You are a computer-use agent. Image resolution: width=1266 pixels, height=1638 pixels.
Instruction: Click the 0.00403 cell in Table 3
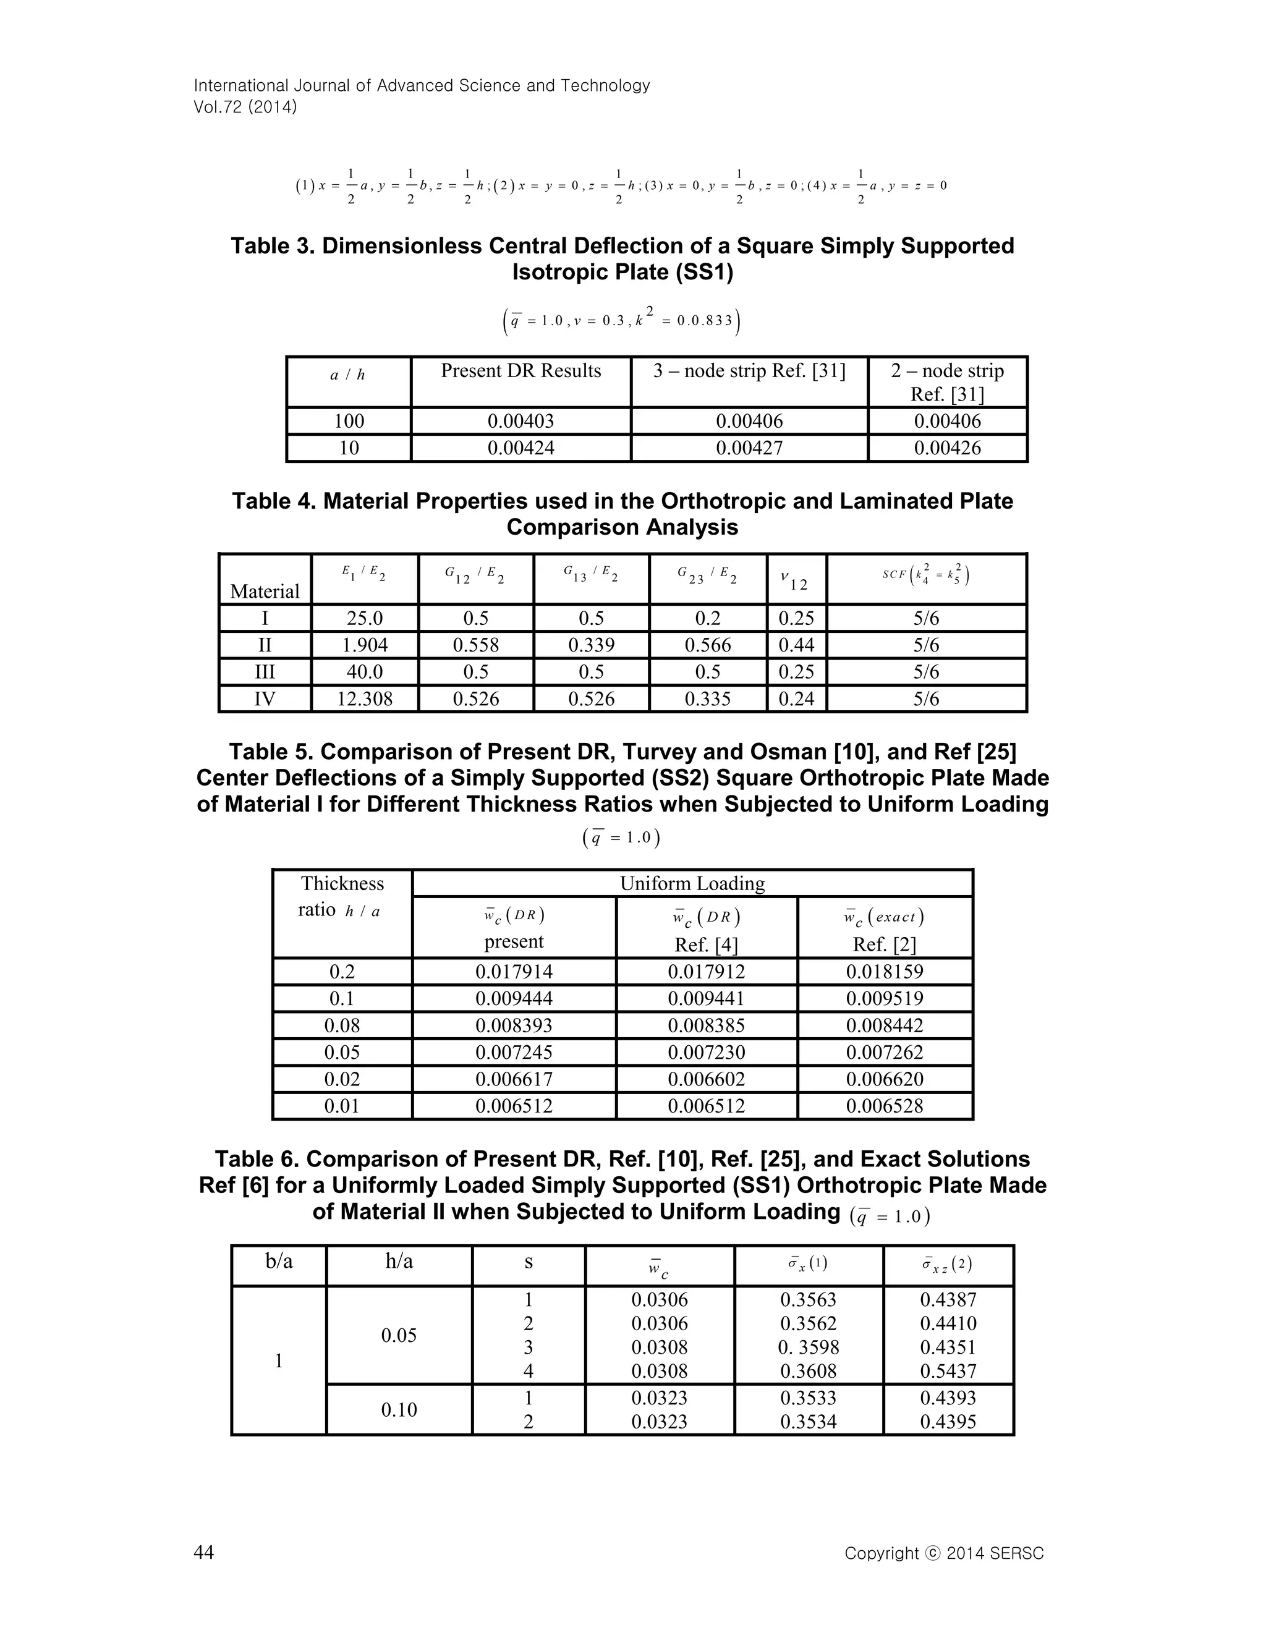coord(520,421)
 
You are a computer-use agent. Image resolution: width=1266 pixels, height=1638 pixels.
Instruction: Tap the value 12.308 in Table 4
coord(365,699)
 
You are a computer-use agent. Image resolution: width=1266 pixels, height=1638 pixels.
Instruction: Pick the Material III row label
coord(265,672)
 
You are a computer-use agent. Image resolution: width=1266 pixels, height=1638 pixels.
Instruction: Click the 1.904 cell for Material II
coord(365,645)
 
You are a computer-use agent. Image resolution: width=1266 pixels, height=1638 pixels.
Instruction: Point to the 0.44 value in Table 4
coord(796,645)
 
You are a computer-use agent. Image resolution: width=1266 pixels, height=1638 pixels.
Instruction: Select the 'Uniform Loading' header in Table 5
coord(692,883)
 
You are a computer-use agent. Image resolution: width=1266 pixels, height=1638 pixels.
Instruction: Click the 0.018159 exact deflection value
coord(884,972)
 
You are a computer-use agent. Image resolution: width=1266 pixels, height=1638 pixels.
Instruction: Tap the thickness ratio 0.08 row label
coord(342,1025)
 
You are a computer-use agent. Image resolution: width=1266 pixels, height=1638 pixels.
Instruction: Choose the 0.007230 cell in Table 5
coord(706,1052)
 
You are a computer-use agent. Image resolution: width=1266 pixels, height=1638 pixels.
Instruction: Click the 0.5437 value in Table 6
coord(948,1372)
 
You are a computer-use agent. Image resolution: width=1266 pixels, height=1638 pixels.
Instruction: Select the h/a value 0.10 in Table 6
coord(398,1410)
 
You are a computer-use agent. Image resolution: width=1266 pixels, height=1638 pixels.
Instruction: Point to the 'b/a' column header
coord(279,1262)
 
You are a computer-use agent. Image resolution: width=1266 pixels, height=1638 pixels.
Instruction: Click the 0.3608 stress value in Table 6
coord(808,1372)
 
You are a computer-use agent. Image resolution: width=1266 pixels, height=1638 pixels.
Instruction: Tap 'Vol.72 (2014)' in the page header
coord(245,108)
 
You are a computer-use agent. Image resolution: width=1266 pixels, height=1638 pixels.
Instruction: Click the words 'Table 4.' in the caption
coord(274,501)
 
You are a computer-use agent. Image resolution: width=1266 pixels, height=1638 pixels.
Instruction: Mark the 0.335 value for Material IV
coord(707,699)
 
